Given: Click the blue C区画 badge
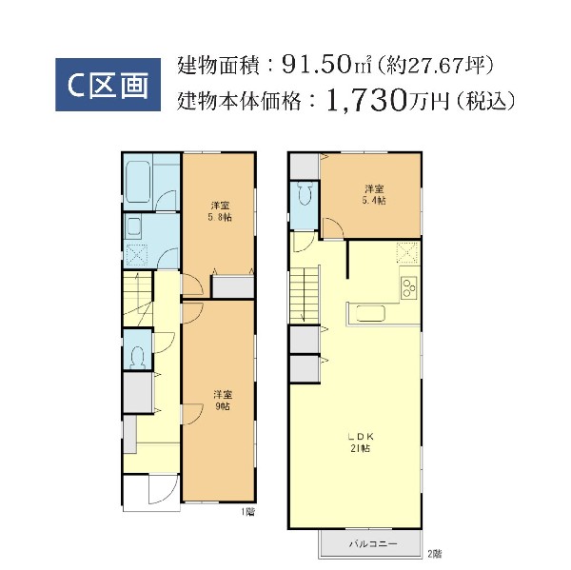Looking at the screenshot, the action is [108, 85].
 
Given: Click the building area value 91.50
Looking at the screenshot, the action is [316, 65].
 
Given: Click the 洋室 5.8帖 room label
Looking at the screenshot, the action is [220, 211].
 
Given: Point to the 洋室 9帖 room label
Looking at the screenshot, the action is [223, 401].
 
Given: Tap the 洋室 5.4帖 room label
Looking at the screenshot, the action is [374, 194].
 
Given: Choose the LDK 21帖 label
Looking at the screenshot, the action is [360, 442].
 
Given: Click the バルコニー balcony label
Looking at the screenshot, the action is [373, 544].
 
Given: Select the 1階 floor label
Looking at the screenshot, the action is [248, 512].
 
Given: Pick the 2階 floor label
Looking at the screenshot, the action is [435, 554].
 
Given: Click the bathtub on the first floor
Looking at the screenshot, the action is [138, 182].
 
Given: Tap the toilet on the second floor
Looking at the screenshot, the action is [305, 194].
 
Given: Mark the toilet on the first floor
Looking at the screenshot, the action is [138, 357].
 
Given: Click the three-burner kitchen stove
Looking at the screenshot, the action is [408, 287].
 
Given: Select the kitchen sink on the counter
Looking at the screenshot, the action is [370, 314].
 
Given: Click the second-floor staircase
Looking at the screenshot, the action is [305, 294].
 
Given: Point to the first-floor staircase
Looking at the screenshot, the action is [138, 299].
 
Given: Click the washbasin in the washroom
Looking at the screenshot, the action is [133, 226].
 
